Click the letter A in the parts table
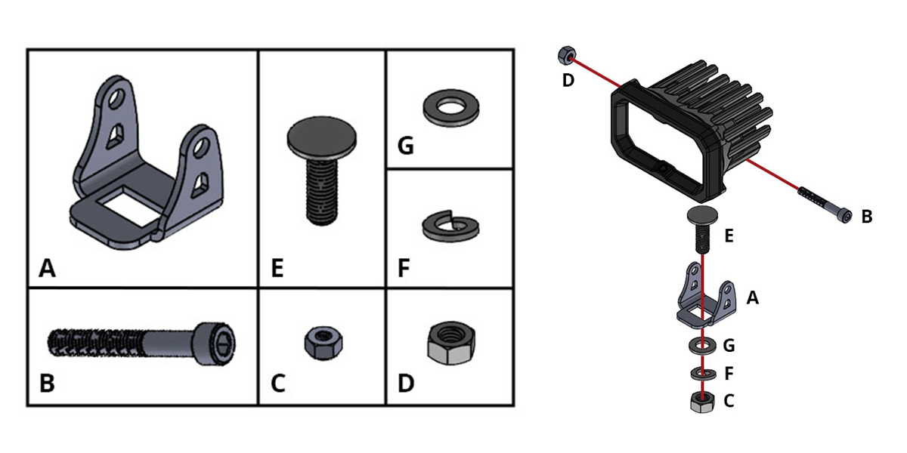click(x=47, y=268)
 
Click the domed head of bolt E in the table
click(x=322, y=137)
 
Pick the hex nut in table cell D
click(x=450, y=343)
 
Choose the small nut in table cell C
click(x=323, y=343)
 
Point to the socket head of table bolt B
click(x=215, y=344)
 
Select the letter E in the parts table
click(x=277, y=268)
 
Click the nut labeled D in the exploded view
click(x=567, y=55)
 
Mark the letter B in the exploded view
click(x=866, y=217)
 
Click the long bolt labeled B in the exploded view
click(x=825, y=205)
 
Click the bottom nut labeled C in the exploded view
click(x=702, y=402)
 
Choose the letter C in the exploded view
click(x=729, y=401)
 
